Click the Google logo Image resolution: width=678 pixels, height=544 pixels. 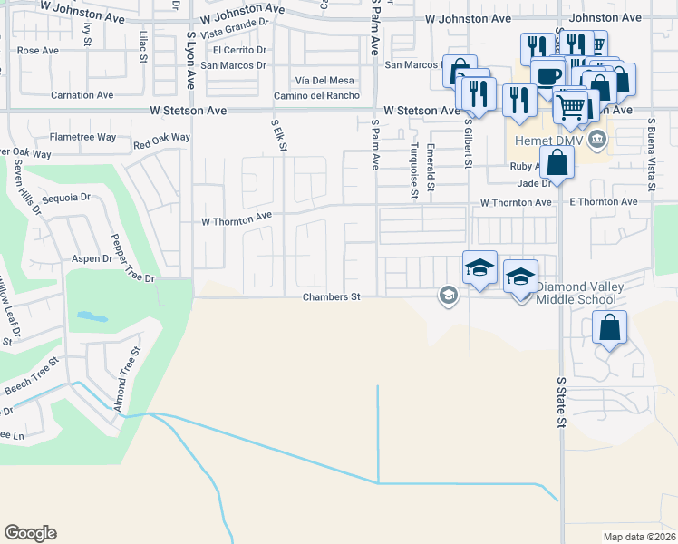tap(30, 533)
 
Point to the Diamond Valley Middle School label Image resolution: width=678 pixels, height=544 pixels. tap(576, 293)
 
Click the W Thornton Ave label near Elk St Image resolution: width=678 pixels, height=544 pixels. tap(237, 219)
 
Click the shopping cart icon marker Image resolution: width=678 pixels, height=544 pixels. tap(571, 107)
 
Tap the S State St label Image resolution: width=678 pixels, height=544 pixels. tap(562, 403)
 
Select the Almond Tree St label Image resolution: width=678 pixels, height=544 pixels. tap(127, 374)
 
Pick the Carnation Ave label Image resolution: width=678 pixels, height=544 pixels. tap(82, 94)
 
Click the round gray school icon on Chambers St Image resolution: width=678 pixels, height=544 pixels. tap(448, 295)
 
